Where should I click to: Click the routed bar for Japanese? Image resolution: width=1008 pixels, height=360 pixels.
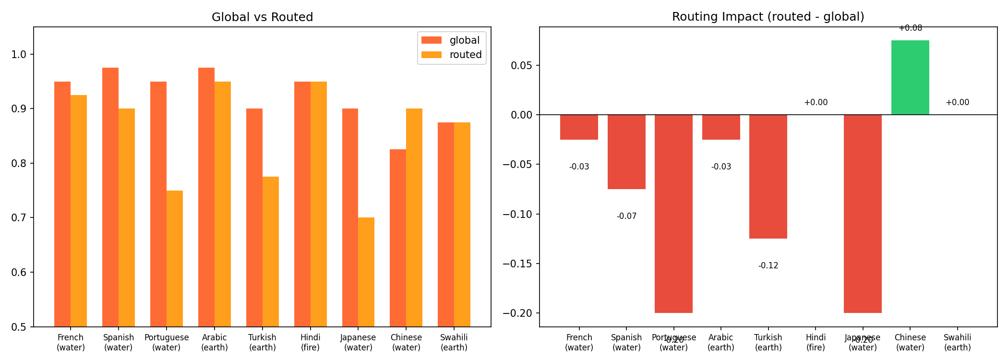coord(366,272)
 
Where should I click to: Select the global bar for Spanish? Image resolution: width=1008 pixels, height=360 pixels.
coord(110,197)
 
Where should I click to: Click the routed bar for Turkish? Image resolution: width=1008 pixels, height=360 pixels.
coord(271,252)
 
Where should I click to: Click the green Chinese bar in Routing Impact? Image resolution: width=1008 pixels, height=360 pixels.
coord(910,77)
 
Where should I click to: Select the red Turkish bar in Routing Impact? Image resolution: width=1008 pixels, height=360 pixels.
coord(768,176)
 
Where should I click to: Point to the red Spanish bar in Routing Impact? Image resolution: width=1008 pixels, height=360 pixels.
coord(626,152)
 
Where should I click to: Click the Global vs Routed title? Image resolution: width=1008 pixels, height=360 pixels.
coord(262,17)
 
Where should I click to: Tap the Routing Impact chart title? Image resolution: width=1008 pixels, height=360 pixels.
coord(768,17)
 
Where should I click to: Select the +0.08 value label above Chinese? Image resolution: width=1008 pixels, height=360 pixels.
coord(910,28)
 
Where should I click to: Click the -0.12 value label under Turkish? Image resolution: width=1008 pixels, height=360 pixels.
coord(768,265)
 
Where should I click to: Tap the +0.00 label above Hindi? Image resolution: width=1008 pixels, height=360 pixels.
coord(816,102)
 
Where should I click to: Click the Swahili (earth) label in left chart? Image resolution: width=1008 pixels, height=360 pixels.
coord(454,342)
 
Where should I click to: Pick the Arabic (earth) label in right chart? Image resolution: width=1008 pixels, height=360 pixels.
coord(721,342)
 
